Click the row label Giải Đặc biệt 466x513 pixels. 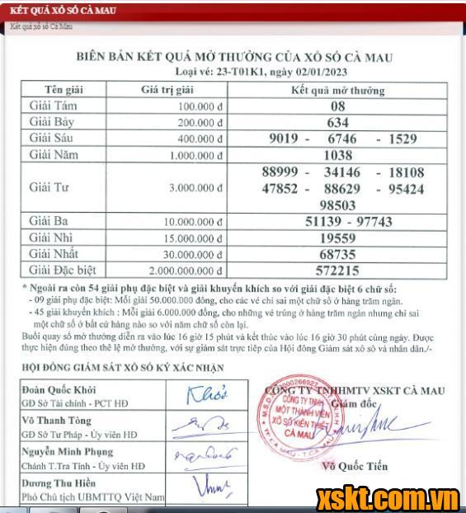pyautogui.click(x=63, y=270)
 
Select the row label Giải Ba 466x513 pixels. pyautogui.click(x=49, y=222)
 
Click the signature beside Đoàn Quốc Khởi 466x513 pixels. pyautogui.click(x=207, y=395)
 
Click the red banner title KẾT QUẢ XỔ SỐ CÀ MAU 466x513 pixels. pyautogui.click(x=62, y=11)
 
